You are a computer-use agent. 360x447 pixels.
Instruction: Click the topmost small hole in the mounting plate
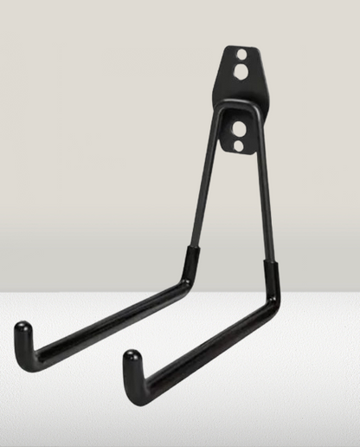click(241, 55)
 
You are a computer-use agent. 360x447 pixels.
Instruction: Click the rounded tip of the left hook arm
click(23, 330)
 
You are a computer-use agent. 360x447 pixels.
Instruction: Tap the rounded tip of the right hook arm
click(131, 357)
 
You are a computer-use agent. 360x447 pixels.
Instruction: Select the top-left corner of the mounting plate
click(227, 47)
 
